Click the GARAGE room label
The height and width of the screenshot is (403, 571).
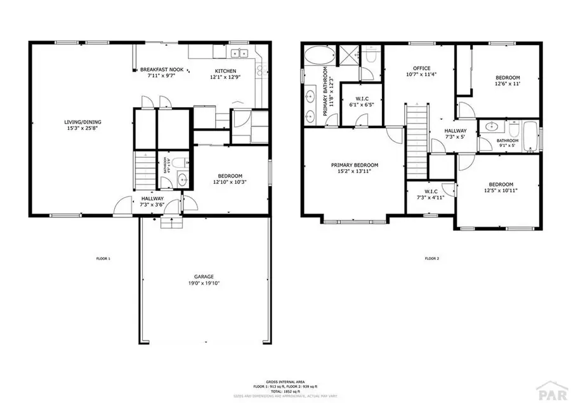(204, 277)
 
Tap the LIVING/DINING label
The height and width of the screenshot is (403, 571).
(82, 122)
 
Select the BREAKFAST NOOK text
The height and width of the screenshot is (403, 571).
(162, 70)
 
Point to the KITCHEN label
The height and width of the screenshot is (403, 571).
(225, 71)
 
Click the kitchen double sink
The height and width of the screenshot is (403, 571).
(239, 53)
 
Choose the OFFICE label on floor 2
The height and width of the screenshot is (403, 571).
(421, 68)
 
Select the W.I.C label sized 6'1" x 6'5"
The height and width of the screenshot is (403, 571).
(362, 98)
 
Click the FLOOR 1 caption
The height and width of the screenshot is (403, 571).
(103, 259)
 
